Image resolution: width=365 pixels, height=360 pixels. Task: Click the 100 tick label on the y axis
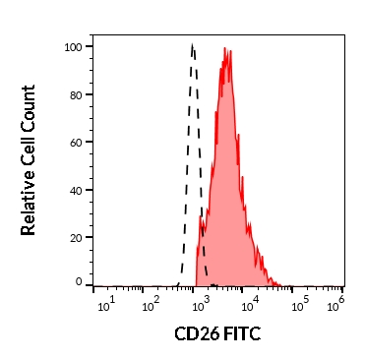(74, 47)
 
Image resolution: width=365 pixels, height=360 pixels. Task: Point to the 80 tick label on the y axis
(77, 95)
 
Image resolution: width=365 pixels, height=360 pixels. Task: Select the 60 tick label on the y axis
(77, 143)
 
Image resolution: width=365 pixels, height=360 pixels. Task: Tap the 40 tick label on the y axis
(77, 191)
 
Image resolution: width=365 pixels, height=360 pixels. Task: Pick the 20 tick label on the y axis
(77, 238)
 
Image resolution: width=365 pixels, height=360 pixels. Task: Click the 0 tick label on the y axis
(80, 281)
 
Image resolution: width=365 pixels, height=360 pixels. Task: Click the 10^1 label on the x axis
(106, 304)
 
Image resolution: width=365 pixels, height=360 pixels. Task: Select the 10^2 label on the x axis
(152, 304)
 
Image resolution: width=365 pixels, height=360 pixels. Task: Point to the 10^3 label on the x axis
(202, 304)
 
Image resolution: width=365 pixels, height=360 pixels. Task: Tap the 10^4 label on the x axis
(251, 304)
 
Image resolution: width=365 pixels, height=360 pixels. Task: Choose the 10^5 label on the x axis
(301, 304)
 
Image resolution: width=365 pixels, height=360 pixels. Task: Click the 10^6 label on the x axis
(336, 304)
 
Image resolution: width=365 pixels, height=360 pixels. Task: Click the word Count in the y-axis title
(29, 107)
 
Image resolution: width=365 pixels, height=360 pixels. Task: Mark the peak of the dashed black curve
(192, 44)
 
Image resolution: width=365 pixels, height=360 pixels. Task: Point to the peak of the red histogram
(225, 48)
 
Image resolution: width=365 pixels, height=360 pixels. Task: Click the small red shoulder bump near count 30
(200, 217)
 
